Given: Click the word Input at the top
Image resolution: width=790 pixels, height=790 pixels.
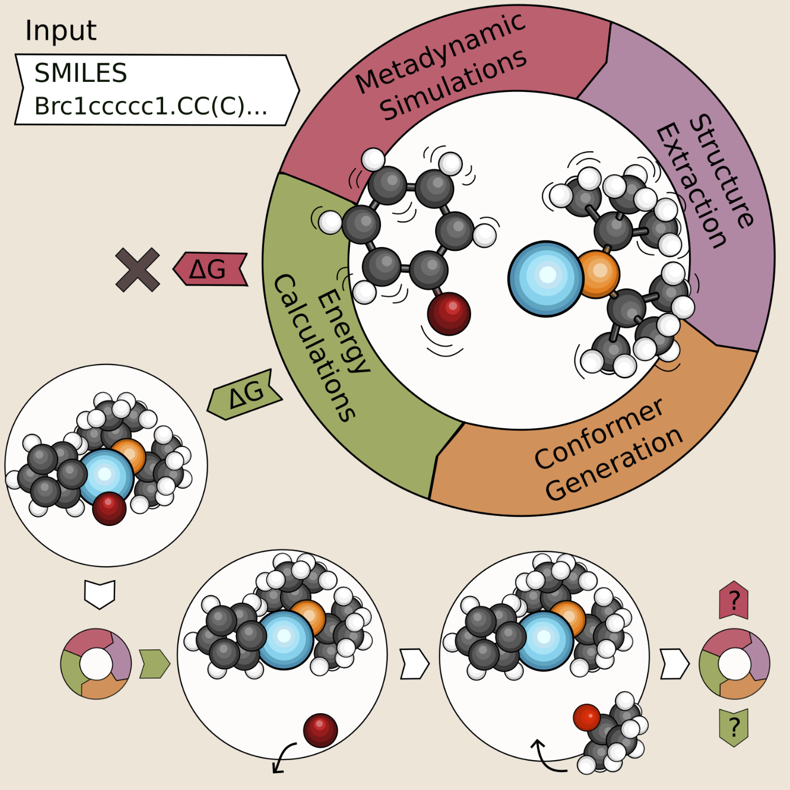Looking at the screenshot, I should tap(61, 31).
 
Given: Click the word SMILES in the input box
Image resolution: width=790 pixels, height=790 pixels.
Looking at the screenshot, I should tap(81, 73).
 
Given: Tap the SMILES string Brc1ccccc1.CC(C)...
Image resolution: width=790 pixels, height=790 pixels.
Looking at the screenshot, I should tap(150, 106).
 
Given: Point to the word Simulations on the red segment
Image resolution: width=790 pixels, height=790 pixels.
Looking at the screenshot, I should tap(454, 85).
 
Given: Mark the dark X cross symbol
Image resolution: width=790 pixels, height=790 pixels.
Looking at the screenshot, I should tap(137, 270).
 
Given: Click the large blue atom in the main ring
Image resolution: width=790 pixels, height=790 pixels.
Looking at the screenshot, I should tap(545, 278).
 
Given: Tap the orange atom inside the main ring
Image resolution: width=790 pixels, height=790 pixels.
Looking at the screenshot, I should tap(598, 274).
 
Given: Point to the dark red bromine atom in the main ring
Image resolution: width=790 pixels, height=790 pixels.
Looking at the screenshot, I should tap(449, 314).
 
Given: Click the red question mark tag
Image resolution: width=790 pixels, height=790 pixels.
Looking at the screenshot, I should tap(734, 600).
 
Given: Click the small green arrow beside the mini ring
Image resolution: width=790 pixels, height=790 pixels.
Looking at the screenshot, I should tap(154, 664).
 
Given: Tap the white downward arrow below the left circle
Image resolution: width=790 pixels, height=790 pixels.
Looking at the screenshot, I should tap(100, 594).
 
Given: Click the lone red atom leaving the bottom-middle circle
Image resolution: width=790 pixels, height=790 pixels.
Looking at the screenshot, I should tap(321, 730).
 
